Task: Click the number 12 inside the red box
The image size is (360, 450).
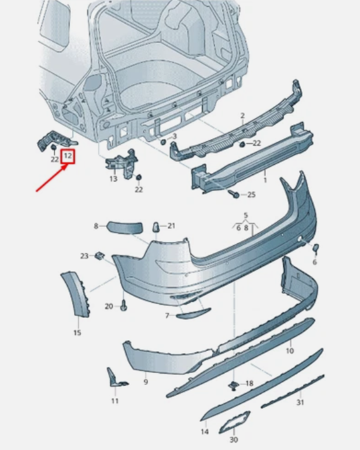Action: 68,155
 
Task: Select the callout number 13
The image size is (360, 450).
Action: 113,179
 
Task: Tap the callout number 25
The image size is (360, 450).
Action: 251,195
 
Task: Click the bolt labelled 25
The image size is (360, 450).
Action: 235,195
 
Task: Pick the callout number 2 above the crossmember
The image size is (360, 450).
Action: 242,116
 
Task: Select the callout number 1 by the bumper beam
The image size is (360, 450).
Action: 264,180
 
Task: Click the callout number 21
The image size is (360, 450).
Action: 171,226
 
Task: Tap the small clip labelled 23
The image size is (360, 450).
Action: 99,255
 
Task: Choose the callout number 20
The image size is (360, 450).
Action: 109,306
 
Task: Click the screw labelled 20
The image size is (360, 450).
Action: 123,307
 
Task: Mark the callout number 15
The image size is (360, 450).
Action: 77,332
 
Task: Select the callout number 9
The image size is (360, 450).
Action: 145,382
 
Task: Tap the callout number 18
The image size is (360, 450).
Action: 249,384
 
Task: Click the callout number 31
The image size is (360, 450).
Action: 300,403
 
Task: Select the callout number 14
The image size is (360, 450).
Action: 204,432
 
